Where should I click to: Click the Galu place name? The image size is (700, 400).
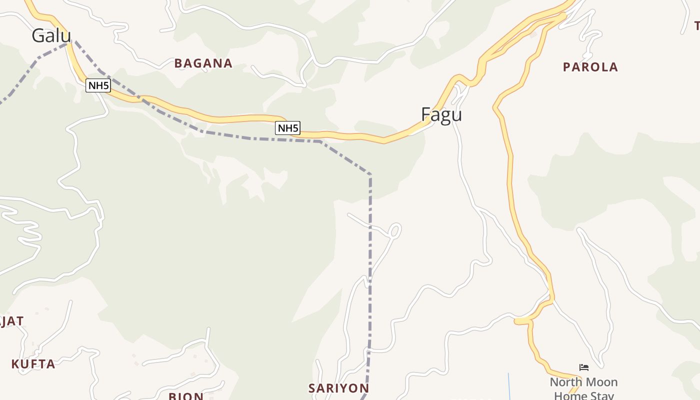[x=51, y=35]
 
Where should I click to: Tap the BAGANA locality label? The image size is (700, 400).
[x=203, y=63]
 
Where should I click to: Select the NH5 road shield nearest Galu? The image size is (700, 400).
[x=98, y=85]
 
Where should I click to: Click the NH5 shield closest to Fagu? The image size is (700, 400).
[x=287, y=128]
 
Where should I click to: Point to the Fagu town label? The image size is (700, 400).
[x=441, y=114]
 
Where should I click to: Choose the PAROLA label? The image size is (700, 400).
[x=590, y=67]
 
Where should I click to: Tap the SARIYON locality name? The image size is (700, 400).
[x=338, y=388]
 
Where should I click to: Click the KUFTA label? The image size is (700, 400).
[x=33, y=364]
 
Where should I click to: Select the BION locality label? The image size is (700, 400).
[x=186, y=396]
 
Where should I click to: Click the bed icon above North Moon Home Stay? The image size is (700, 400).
[x=583, y=367]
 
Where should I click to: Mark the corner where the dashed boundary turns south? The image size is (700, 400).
[x=370, y=174]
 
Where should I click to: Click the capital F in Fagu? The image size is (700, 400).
[x=426, y=114]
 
